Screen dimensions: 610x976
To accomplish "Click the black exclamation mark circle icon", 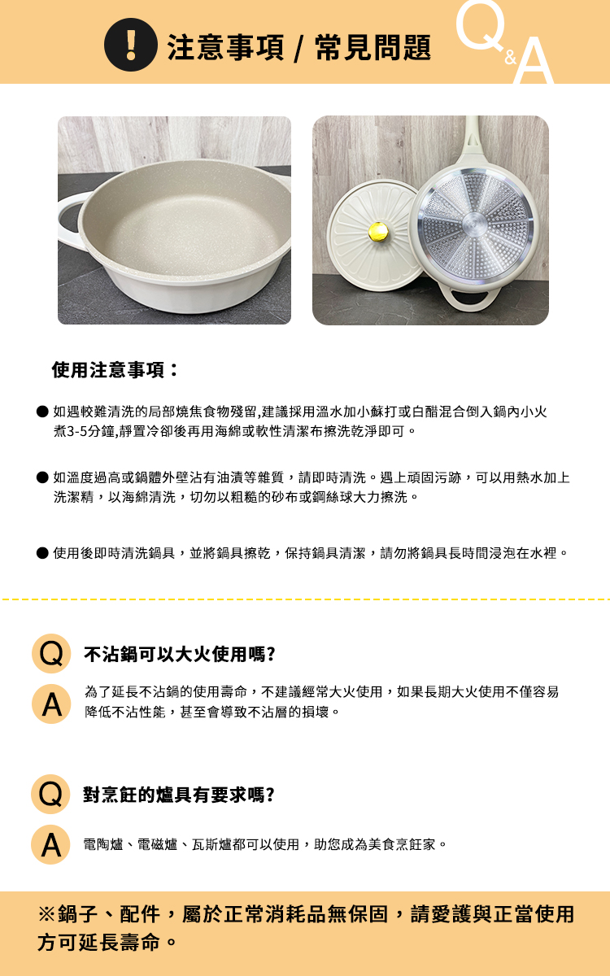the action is (x=131, y=45).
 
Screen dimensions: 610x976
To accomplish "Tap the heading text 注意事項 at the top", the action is (x=226, y=47).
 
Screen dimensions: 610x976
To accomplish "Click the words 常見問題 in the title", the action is (x=373, y=47).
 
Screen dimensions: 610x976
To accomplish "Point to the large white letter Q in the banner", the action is (x=481, y=25).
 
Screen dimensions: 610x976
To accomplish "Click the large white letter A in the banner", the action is (x=534, y=60).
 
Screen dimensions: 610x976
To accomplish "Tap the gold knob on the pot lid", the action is (x=379, y=231).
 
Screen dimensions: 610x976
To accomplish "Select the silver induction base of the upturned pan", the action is (x=475, y=224).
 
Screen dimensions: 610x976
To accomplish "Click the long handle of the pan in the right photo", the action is (x=474, y=139).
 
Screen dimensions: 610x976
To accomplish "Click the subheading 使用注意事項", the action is (x=115, y=370).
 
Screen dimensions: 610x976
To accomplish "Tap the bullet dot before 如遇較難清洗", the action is (x=42, y=412).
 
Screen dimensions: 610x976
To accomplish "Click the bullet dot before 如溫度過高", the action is (x=42, y=477).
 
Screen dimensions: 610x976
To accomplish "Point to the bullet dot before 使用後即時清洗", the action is (x=42, y=553).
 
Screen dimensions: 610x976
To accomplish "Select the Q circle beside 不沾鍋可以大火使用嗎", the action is (x=51, y=654).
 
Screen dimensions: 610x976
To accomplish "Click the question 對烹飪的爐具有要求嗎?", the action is (x=179, y=795).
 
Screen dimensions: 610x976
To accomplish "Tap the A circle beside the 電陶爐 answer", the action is (x=51, y=844).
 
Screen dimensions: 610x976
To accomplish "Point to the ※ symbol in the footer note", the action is (x=46, y=913).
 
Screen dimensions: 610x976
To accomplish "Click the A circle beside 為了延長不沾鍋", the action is (x=51, y=704).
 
